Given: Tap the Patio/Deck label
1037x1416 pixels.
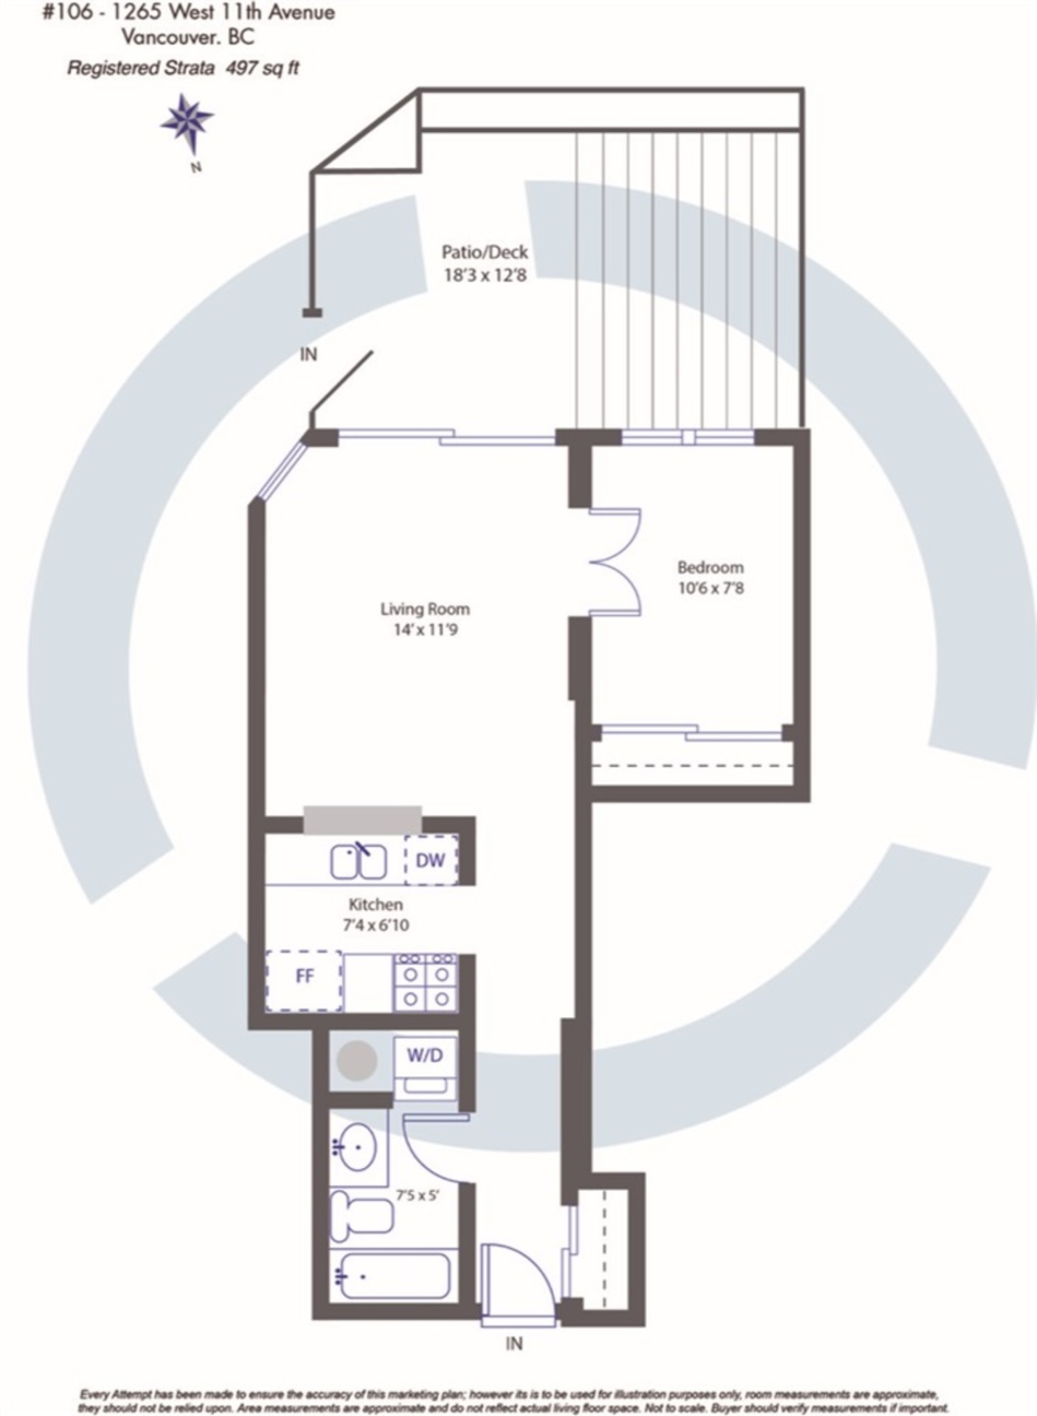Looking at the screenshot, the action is click(x=485, y=252).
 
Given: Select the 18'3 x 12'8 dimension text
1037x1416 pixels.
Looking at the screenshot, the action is click(x=485, y=276).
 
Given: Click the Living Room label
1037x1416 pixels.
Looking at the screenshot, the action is click(x=425, y=609).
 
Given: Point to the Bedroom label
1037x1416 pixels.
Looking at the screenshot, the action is click(x=710, y=567).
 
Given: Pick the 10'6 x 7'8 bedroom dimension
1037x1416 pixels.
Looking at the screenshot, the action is click(x=710, y=589).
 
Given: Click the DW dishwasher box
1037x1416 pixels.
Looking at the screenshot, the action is click(x=431, y=860).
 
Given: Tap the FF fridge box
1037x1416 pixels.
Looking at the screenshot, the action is click(x=304, y=981).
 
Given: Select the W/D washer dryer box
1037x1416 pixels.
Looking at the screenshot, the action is click(x=425, y=1068).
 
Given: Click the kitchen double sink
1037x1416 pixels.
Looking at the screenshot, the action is click(x=358, y=861).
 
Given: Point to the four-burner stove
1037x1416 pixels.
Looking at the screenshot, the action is click(x=426, y=982).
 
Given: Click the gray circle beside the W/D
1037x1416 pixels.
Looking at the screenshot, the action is click(x=357, y=1061).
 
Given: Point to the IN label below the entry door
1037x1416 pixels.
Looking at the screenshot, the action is click(x=514, y=1344).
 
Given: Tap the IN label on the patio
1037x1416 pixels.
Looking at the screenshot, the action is click(x=308, y=355).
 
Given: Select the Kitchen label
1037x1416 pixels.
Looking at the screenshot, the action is click(x=375, y=904).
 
